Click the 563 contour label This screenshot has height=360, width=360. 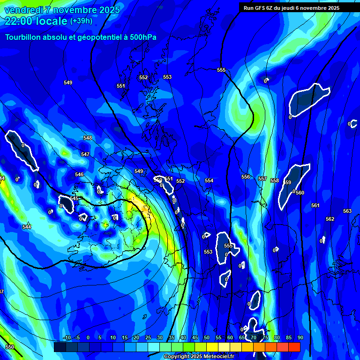point(347,211)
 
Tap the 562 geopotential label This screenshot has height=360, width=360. point(330,219)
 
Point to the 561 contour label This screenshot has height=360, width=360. point(315,205)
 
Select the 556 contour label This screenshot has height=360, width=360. point(246,177)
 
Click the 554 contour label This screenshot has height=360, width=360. point(209,180)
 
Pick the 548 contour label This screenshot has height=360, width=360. point(88,138)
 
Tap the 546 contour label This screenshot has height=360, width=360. point(79,174)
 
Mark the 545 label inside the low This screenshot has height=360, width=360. point(74,198)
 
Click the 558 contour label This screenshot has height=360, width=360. point(275,180)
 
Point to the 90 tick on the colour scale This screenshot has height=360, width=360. point(300,337)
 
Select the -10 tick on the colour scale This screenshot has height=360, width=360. point(67,337)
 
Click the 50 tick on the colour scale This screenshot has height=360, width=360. point(207,337)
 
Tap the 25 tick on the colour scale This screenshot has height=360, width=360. point(148,337)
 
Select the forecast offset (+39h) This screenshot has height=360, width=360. point(81,21)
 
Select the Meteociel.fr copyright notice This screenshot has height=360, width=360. point(199,356)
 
